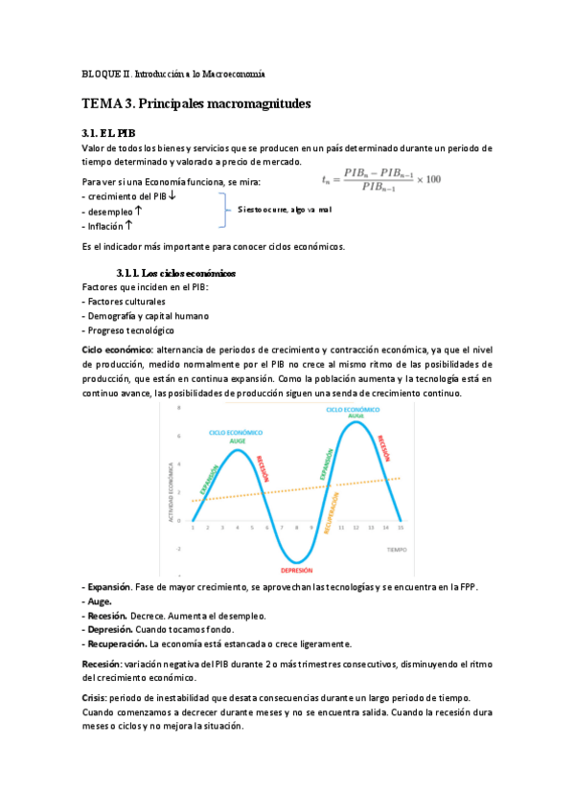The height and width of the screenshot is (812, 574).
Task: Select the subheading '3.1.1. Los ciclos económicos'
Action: click(175, 273)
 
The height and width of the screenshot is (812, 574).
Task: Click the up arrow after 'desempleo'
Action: click(140, 211)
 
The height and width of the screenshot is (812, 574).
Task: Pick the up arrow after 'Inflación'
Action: click(128, 225)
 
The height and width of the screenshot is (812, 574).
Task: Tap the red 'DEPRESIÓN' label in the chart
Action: click(297, 569)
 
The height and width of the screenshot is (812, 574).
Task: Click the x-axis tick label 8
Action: click(297, 528)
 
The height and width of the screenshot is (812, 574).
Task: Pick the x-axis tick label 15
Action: click(400, 528)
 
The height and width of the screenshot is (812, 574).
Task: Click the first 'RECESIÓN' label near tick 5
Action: click(262, 468)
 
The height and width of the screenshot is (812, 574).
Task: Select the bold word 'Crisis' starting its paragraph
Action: click(97, 698)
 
